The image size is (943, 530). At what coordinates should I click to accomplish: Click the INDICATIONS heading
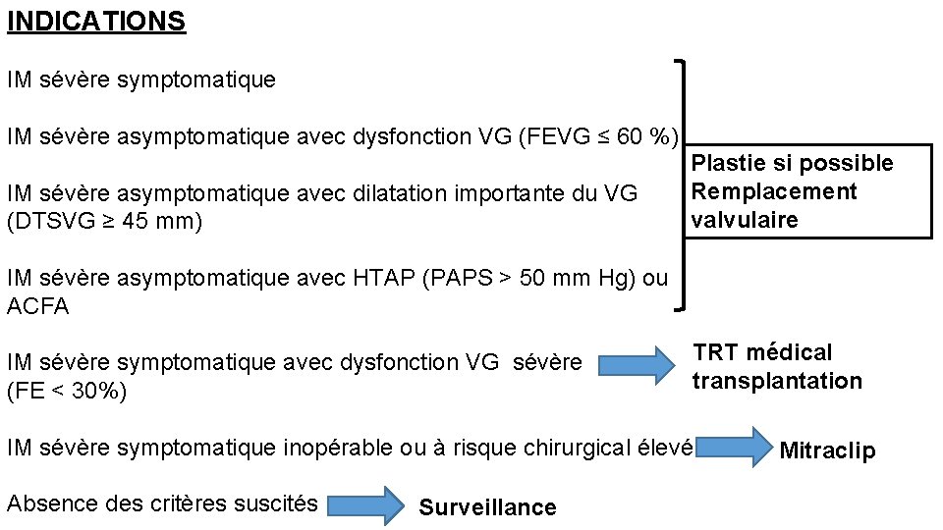[x=96, y=22]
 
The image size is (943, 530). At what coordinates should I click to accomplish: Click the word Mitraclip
[x=827, y=450]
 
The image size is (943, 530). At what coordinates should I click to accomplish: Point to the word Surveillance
[x=487, y=507]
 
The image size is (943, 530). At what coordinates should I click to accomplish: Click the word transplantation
[x=777, y=381]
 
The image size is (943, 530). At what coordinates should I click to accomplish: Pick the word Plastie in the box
[x=725, y=163]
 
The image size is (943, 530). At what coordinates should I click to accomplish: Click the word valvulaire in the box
[x=745, y=220]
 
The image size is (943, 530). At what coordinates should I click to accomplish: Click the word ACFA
[x=37, y=306]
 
